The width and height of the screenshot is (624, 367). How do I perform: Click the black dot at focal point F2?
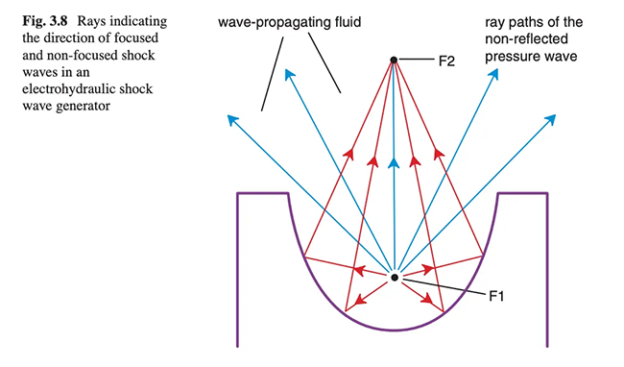coord(394,61)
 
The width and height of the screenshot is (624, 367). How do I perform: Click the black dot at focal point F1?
coord(395,278)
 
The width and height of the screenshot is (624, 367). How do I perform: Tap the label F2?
coord(446,61)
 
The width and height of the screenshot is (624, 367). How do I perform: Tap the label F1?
coord(496,296)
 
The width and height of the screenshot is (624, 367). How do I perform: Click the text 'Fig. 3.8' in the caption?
coord(45,21)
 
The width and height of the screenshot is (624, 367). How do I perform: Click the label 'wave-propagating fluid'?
coord(289,22)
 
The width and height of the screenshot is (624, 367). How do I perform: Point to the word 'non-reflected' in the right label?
coord(526,39)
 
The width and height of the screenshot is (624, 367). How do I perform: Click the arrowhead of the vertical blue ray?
coord(394,162)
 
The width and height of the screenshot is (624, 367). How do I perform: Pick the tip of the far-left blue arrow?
coord(228,115)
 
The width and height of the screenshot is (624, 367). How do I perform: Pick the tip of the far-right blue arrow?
coord(555,115)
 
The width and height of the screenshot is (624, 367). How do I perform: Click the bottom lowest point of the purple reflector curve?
coord(394,330)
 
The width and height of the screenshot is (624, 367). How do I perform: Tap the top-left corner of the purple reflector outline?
coord(237,193)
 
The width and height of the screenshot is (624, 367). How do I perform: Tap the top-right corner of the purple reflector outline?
coord(547,193)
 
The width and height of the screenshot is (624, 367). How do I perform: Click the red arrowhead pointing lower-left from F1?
coord(359,300)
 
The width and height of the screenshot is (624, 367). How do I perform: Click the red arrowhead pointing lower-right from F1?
coord(428,299)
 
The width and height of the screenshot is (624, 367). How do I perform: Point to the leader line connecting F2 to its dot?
coord(416,61)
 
